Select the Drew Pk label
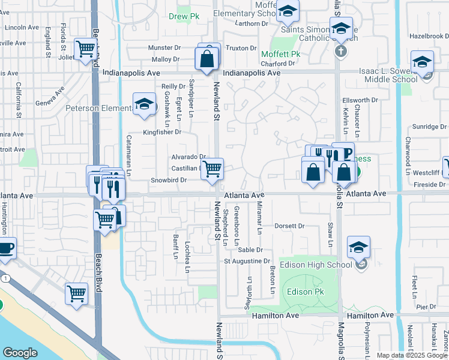tap(184, 17)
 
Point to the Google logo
tap(20, 353)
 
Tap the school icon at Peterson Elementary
tap(144, 104)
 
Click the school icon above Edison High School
tap(358, 247)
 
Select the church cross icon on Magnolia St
tap(340, 51)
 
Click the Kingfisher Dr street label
tap(161, 132)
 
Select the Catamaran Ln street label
tap(128, 161)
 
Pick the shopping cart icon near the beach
tap(77, 293)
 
